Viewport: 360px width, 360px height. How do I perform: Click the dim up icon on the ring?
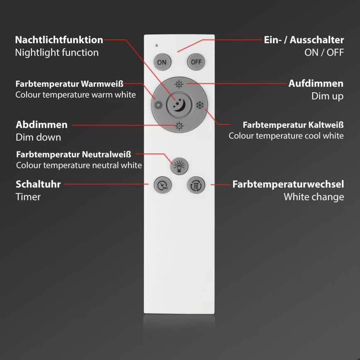tap(179, 84)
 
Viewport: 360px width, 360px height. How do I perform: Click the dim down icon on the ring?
tap(179, 125)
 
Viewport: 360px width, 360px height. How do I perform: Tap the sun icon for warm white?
tap(158, 105)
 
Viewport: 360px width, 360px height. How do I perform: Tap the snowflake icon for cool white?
tap(199, 105)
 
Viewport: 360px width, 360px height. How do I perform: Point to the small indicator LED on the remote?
tap(156, 45)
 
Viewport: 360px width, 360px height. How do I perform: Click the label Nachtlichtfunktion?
tap(59, 40)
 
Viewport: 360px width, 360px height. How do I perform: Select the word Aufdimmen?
tap(316, 83)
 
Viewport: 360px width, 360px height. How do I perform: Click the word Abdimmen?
tap(41, 125)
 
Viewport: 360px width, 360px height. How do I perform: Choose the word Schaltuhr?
tap(38, 184)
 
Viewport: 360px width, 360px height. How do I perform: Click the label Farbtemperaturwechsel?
tap(288, 184)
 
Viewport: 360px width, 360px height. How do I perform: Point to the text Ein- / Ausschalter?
tap(304, 40)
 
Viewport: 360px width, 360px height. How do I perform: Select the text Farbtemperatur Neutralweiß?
tap(73, 155)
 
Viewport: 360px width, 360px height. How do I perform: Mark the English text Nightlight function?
tap(57, 53)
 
